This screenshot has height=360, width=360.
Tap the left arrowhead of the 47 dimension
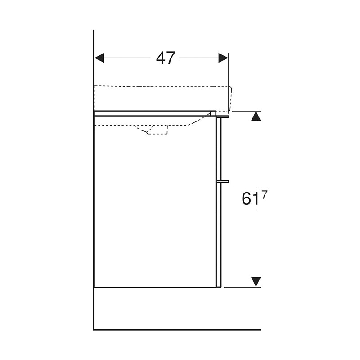(99, 58)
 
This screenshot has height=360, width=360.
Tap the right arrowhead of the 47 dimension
(223, 58)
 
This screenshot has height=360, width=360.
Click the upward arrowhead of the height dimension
(256, 116)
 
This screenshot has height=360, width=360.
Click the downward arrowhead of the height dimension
(256, 282)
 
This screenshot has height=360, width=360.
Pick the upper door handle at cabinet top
(223, 117)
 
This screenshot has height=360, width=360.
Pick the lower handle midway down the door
(223, 181)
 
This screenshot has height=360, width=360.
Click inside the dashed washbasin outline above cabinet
(162, 98)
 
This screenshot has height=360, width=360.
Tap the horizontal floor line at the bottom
(180, 329)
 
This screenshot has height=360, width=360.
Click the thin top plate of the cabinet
(153, 113)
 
